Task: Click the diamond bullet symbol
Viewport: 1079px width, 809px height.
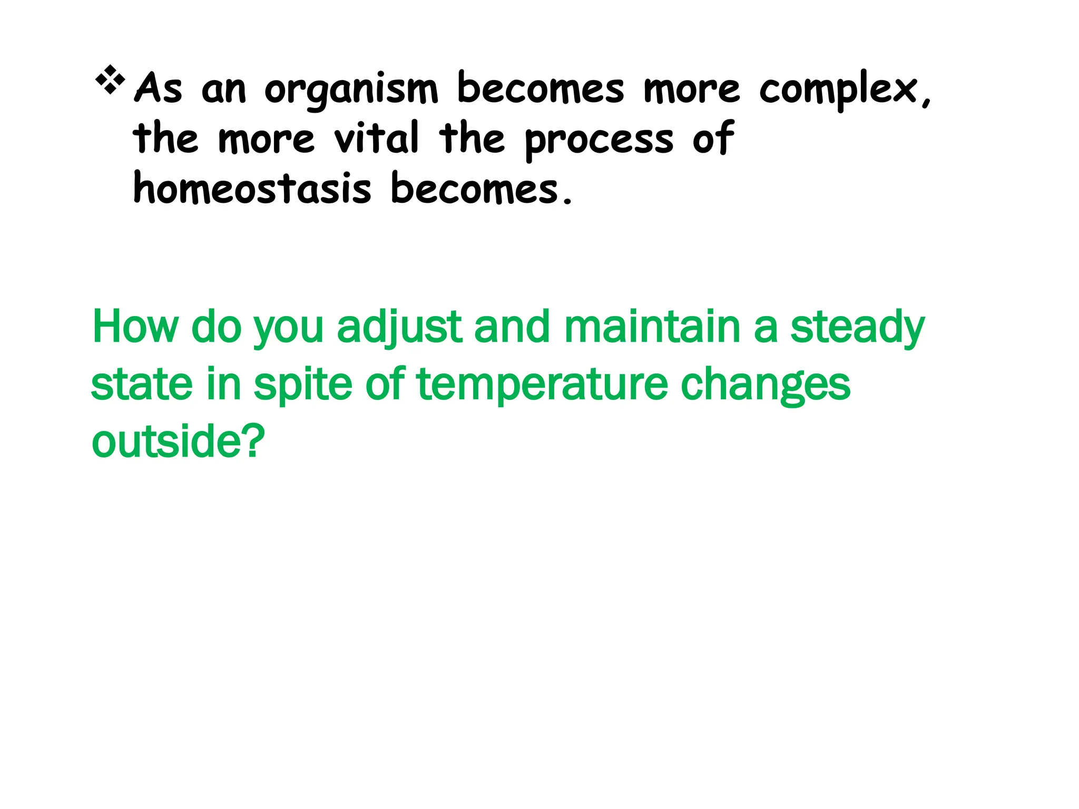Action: (110, 80)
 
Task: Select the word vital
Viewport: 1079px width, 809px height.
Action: (376, 138)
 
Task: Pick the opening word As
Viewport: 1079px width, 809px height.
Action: (159, 88)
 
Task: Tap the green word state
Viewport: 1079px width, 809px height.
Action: (142, 384)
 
